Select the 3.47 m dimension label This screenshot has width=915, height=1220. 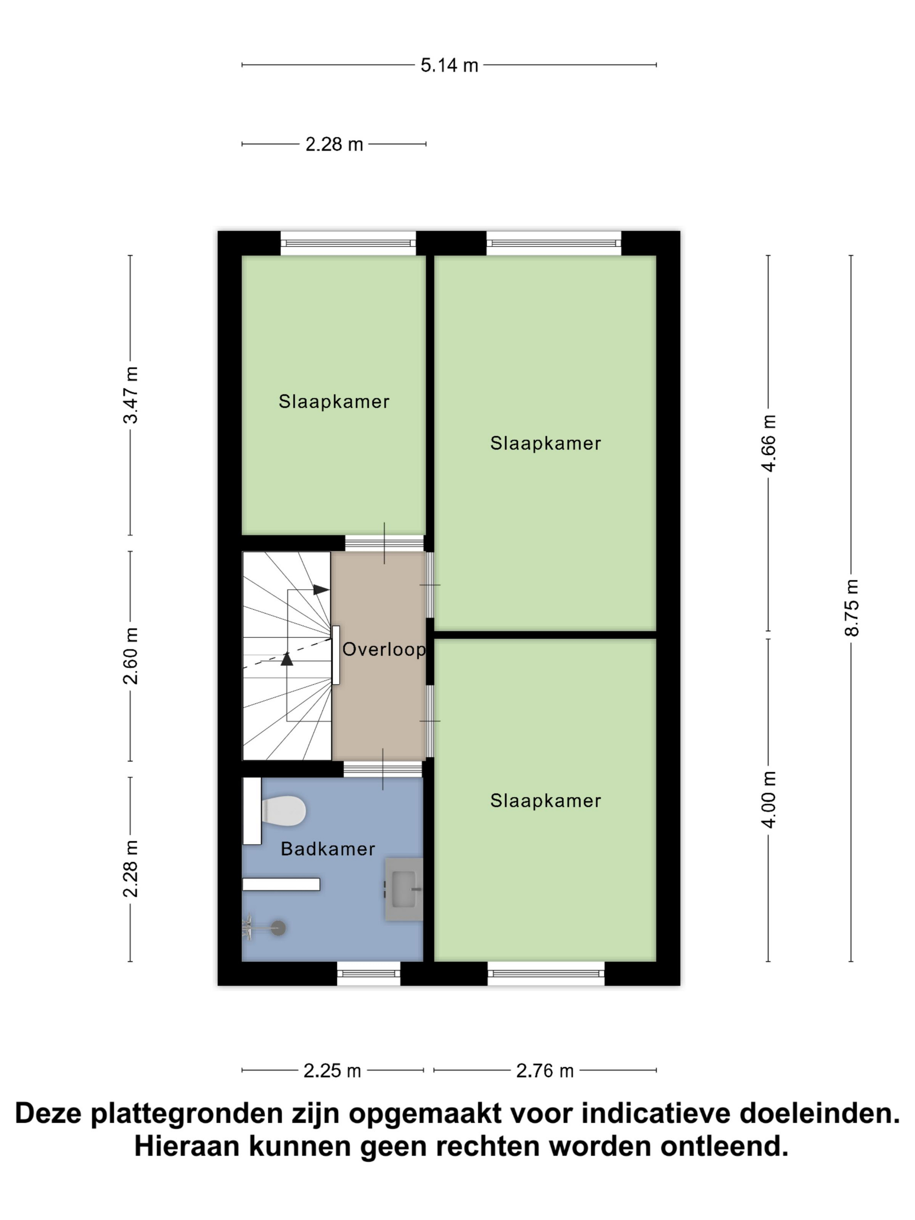(131, 395)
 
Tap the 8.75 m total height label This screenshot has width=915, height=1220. (851, 608)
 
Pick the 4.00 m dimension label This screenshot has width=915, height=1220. (768, 799)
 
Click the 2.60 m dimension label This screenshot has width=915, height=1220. (131, 656)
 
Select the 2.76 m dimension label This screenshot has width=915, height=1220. (545, 1071)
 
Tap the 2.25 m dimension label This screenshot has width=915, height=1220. (332, 1071)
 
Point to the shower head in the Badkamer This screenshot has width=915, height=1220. (278, 928)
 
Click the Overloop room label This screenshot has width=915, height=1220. (384, 649)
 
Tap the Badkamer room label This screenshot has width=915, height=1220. (328, 849)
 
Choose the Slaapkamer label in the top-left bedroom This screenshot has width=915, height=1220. (334, 402)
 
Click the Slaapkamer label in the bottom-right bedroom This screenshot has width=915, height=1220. (546, 801)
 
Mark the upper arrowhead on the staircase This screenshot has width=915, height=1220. (321, 590)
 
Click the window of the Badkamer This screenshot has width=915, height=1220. (369, 973)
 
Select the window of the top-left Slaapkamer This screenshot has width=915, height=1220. (348, 243)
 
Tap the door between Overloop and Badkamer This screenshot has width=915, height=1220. (383, 769)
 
